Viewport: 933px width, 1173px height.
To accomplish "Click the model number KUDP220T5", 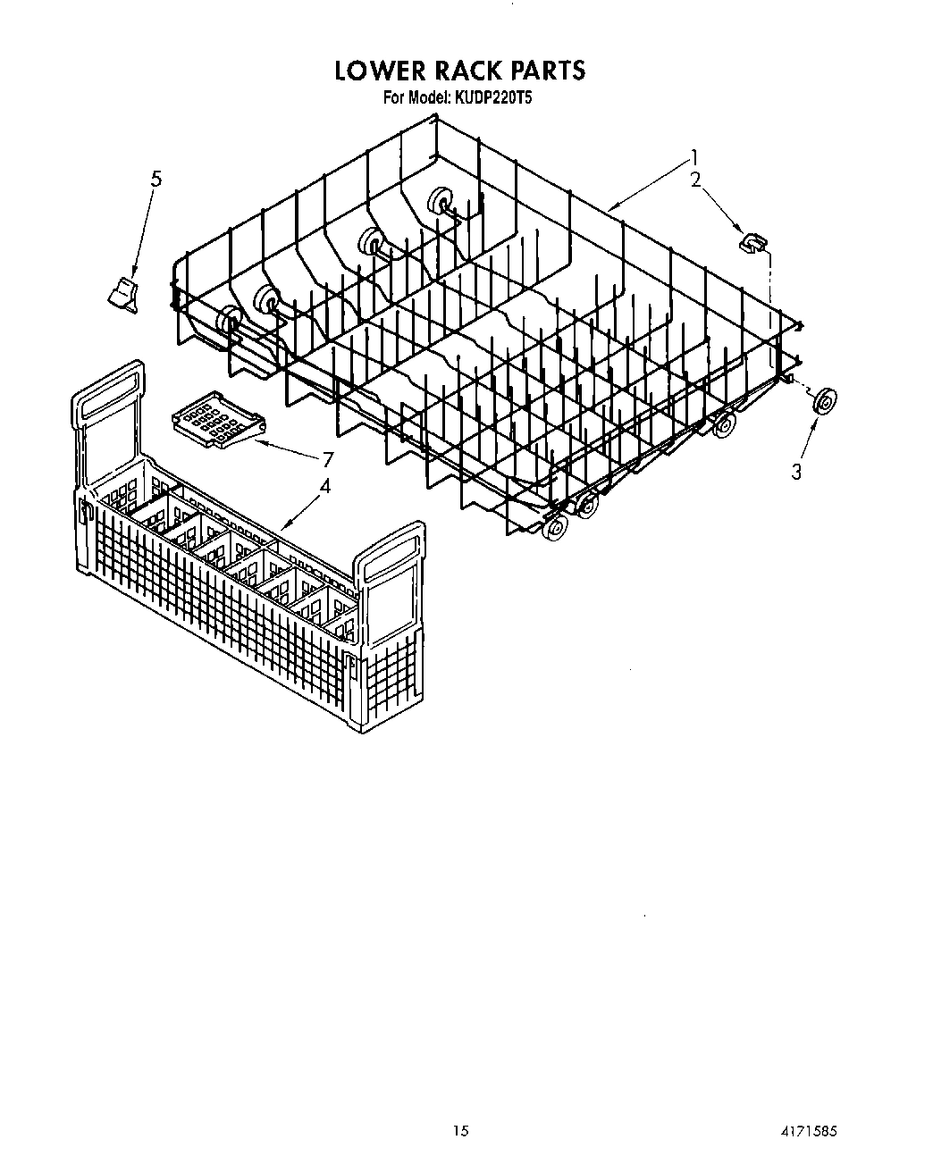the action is pyautogui.click(x=495, y=97).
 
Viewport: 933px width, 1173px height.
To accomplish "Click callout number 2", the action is pyautogui.click(x=694, y=180).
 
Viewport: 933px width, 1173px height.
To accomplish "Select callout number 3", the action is pyautogui.click(x=795, y=472).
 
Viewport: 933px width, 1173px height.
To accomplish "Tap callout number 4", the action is pyautogui.click(x=325, y=487).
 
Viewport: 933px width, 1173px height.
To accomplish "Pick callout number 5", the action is pyautogui.click(x=155, y=179).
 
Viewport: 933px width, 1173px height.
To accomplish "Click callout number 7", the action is pyautogui.click(x=327, y=459).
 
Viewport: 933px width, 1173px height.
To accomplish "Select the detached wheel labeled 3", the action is pyautogui.click(x=823, y=402).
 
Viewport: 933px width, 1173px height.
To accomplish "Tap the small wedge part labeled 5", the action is pyautogui.click(x=123, y=294).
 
